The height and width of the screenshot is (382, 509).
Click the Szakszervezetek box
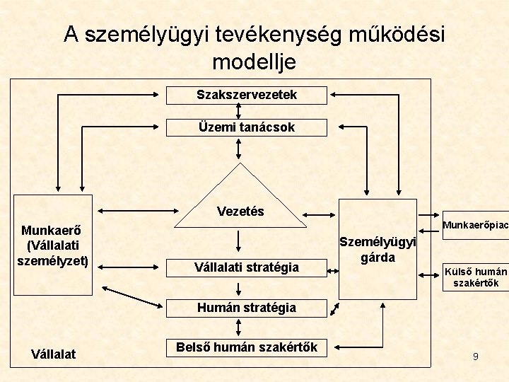(x=247, y=95)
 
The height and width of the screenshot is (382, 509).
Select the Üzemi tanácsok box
(x=247, y=127)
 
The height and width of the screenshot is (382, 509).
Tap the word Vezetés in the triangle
(x=240, y=211)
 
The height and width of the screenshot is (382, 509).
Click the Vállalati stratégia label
(x=247, y=267)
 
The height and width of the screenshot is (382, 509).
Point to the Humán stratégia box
(x=247, y=308)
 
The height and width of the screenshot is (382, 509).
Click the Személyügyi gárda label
(x=378, y=249)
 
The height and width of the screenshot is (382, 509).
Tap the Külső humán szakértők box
(x=475, y=277)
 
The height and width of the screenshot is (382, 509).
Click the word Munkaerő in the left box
(x=52, y=231)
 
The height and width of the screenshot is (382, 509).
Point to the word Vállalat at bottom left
(x=54, y=354)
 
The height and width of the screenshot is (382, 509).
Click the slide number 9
(x=476, y=357)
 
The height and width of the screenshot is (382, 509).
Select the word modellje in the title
(x=254, y=62)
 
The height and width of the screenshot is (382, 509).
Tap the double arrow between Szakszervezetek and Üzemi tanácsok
(x=239, y=112)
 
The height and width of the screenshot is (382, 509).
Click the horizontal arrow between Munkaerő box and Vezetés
(x=137, y=211)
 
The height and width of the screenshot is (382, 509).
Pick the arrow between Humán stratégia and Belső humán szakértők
(x=239, y=327)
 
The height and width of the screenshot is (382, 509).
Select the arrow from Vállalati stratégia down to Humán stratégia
(x=239, y=289)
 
